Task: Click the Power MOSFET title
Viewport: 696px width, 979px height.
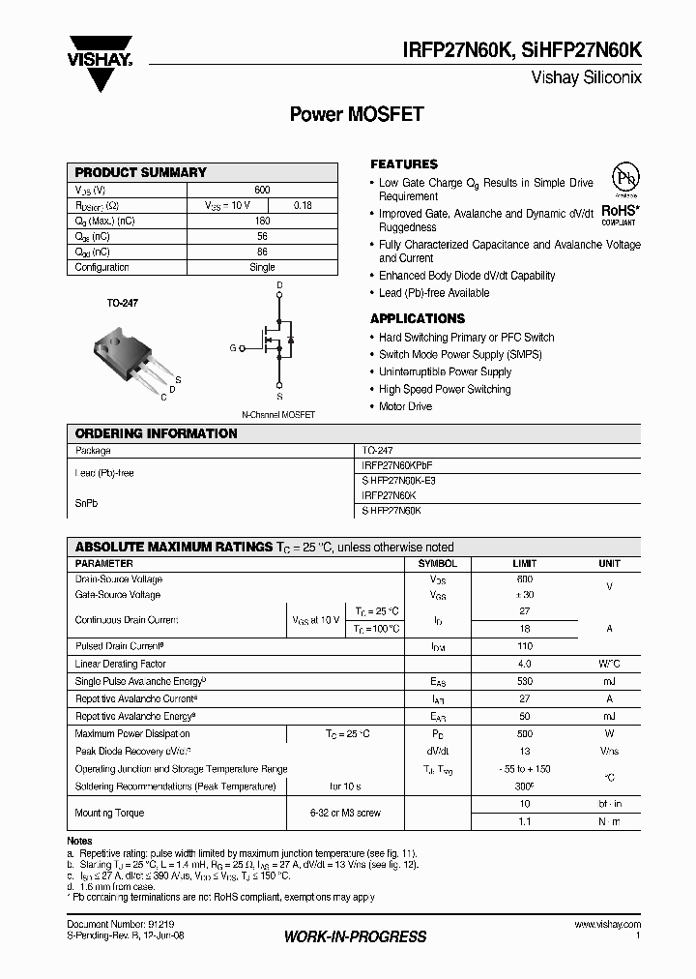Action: pyautogui.click(x=357, y=114)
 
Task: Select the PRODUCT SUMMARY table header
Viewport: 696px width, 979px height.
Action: pyautogui.click(x=141, y=172)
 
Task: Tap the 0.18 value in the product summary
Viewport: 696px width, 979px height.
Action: pyautogui.click(x=302, y=205)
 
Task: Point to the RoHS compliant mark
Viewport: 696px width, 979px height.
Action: pyautogui.click(x=619, y=213)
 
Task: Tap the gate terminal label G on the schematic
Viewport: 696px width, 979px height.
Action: pyautogui.click(x=232, y=347)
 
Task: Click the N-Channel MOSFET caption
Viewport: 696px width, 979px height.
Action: pyautogui.click(x=277, y=414)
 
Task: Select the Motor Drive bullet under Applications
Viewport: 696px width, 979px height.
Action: pyautogui.click(x=405, y=406)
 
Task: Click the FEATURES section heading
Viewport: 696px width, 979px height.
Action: pyautogui.click(x=404, y=164)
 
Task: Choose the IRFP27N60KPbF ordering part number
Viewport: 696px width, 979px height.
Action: pyautogui.click(x=397, y=465)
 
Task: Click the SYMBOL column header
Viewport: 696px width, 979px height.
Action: pyautogui.click(x=437, y=563)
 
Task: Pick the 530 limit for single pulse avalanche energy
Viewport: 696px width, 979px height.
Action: pyautogui.click(x=526, y=681)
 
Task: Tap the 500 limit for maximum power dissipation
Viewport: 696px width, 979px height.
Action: pyautogui.click(x=526, y=733)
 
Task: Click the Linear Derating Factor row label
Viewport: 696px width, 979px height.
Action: pyautogui.click(x=121, y=664)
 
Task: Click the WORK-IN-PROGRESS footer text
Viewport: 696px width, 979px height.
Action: pyautogui.click(x=355, y=936)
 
